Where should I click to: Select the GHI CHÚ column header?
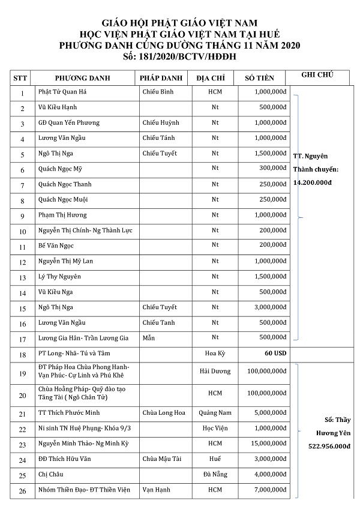(x=318, y=75)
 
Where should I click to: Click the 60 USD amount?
(x=275, y=353)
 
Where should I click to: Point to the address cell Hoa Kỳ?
(x=214, y=354)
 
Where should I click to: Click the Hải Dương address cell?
(x=214, y=371)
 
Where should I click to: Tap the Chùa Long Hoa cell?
(x=164, y=412)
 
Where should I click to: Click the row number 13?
(x=22, y=277)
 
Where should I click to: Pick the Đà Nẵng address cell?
(x=214, y=474)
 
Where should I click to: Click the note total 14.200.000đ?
(x=313, y=182)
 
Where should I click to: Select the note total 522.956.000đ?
(x=328, y=447)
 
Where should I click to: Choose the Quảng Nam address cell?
(x=214, y=412)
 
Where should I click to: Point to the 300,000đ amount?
(x=271, y=168)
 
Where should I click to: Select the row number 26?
(x=22, y=491)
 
